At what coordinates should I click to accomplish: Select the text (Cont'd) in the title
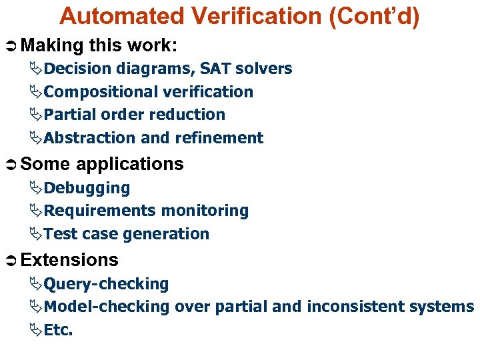click(x=374, y=17)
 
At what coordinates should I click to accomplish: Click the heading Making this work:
click(x=99, y=45)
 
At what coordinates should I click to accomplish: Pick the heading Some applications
click(x=102, y=164)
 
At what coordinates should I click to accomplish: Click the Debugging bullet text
click(x=87, y=188)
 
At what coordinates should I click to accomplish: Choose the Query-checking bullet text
click(x=106, y=284)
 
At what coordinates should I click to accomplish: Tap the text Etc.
click(x=58, y=330)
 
